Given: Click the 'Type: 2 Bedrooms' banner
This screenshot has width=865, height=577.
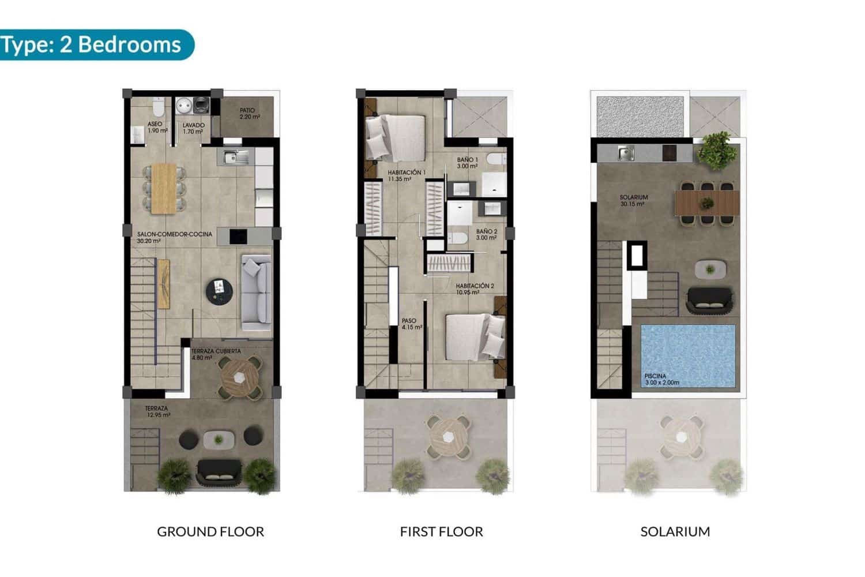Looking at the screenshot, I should point(92,44).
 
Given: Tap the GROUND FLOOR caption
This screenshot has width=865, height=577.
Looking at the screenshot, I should point(210,531).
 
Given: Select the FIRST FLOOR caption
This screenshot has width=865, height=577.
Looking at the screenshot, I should point(441,531).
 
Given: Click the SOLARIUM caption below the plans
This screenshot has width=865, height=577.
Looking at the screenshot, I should point(675,531).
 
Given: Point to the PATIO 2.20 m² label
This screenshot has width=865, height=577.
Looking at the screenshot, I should point(249,114).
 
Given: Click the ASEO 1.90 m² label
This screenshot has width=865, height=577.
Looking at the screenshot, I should point(157,128).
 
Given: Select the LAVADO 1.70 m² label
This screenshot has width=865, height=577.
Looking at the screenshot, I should point(193,128).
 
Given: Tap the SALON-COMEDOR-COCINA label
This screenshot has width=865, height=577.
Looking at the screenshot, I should point(174,237).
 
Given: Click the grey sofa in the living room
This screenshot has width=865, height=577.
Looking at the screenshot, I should point(257,292).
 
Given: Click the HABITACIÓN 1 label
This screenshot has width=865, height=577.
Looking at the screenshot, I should point(406,175).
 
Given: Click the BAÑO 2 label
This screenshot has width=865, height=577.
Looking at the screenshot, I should point(486,234).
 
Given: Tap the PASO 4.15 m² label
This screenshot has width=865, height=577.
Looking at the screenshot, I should point(411,324).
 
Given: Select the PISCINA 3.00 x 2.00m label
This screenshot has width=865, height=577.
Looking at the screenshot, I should point(661,379).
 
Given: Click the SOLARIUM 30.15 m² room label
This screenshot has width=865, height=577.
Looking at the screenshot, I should point(634,200).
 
